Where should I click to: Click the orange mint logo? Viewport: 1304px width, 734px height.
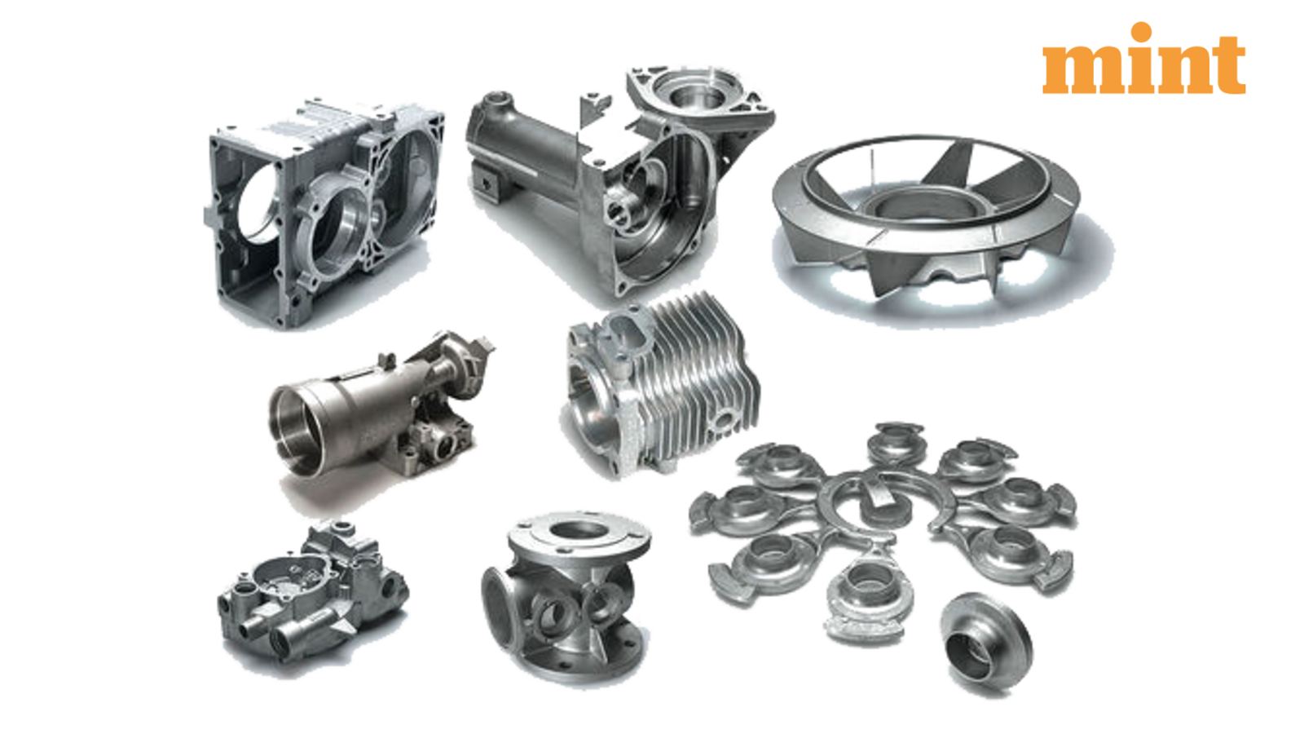[x=1143, y=58]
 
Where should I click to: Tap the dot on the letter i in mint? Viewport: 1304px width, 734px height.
[x=1142, y=32]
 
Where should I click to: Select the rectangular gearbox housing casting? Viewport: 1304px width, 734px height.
[x=324, y=213]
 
